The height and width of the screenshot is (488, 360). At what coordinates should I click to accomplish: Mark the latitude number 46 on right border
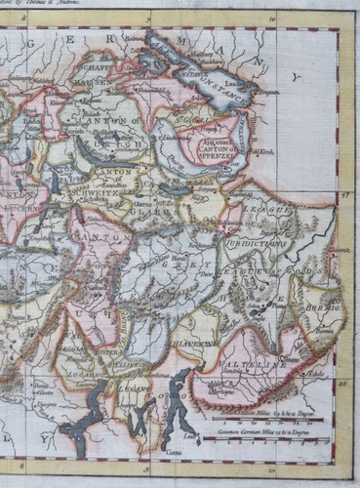tap(344, 385)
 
